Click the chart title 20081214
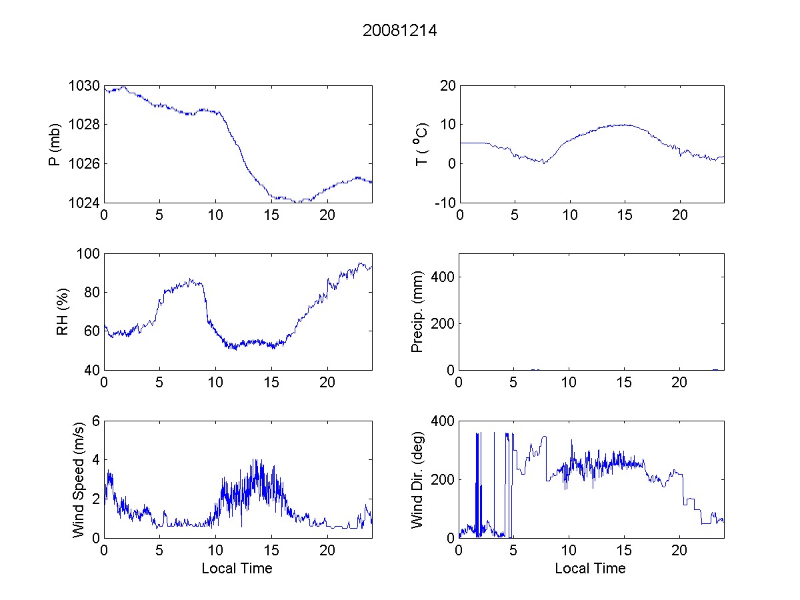(399, 30)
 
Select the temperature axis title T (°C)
(421, 144)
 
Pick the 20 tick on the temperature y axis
(446, 87)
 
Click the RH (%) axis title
(63, 311)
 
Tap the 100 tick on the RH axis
(87, 254)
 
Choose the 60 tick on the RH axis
(91, 331)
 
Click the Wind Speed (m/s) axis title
(79, 479)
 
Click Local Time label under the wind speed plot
(237, 569)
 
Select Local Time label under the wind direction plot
(590, 569)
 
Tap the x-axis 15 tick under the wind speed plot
(271, 551)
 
